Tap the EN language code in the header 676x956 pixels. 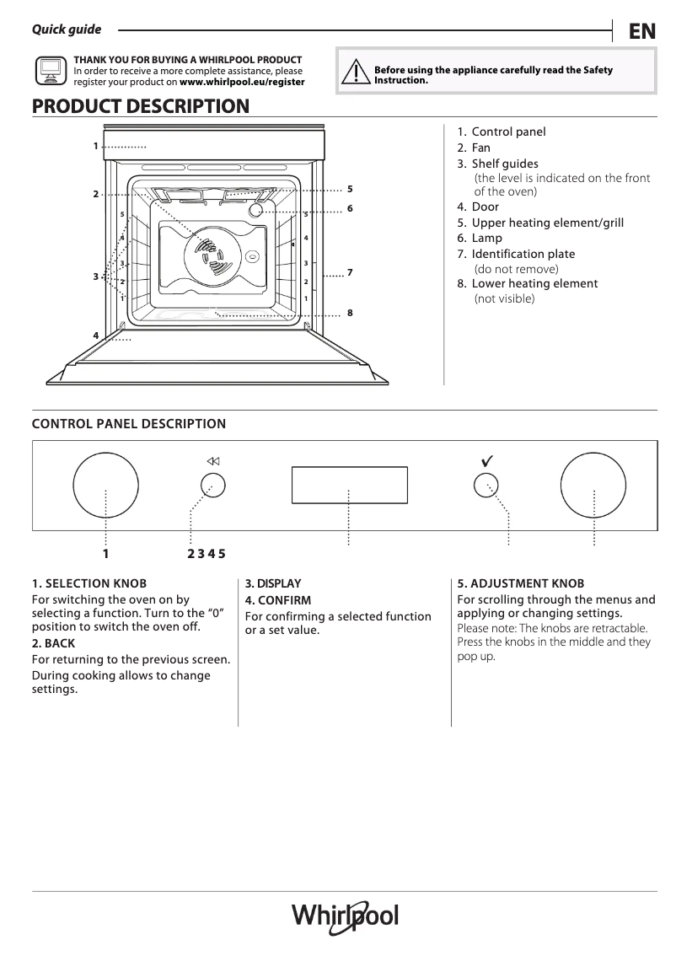click(641, 31)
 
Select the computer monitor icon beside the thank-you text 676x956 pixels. click(50, 71)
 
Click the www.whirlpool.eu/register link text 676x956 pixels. click(242, 83)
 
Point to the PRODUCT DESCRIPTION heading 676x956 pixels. click(140, 106)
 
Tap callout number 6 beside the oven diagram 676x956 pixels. click(349, 207)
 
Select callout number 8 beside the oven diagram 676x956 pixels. click(349, 313)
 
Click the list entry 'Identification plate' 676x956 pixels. click(523, 254)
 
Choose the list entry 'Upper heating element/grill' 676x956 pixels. click(547, 223)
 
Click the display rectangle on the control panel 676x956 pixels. click(349, 485)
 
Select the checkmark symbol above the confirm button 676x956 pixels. click(486, 460)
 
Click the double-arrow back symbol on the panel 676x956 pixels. click(212, 461)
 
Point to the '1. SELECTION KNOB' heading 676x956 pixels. click(89, 583)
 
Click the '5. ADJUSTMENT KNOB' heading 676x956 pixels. click(520, 583)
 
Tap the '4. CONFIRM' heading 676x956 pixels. click(277, 600)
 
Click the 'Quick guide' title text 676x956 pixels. click(66, 30)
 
